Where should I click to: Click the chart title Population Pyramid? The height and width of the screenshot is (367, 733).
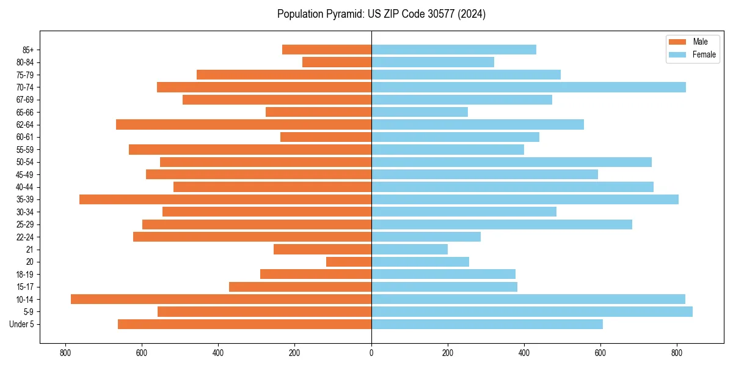[381, 14]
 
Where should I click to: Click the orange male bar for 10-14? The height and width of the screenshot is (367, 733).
[221, 299]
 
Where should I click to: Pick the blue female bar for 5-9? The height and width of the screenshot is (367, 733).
[531, 311]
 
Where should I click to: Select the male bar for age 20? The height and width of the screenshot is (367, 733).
[349, 262]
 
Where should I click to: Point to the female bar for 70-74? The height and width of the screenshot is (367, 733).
[528, 87]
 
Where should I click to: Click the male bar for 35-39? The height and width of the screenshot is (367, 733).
[225, 199]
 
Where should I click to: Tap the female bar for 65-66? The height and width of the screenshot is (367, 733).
[420, 112]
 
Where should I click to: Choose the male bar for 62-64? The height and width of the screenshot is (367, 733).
[244, 124]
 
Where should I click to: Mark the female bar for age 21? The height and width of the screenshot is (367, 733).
[409, 249]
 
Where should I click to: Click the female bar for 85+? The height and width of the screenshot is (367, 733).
[454, 50]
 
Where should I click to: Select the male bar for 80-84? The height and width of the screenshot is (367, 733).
[337, 62]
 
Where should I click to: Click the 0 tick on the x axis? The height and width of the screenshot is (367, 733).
[371, 352]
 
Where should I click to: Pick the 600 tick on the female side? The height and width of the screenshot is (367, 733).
[600, 352]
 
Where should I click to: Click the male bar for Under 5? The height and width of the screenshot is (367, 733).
[244, 324]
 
